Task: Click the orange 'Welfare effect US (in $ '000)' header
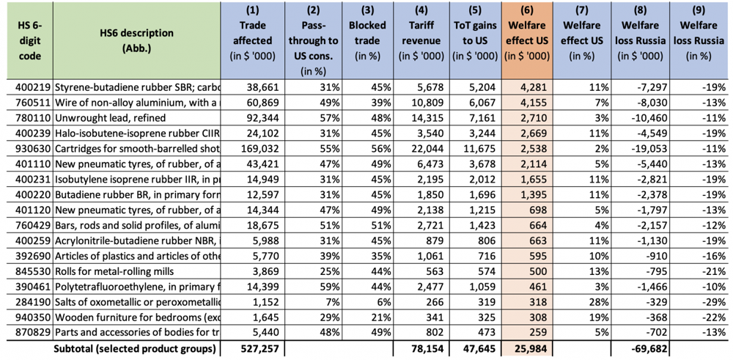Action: point(526,34)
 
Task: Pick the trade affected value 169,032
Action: point(259,139)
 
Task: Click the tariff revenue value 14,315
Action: point(428,113)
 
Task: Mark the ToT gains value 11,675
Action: point(482,139)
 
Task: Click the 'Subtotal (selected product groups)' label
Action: point(135,348)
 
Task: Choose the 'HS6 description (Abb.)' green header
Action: point(136,40)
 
